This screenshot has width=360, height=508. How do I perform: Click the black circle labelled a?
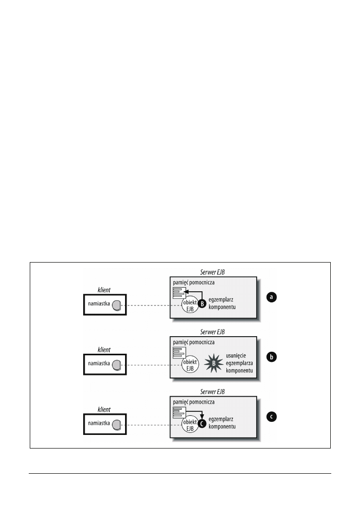click(x=271, y=297)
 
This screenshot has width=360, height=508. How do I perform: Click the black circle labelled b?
click(x=271, y=357)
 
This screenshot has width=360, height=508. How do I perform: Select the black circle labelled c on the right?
click(x=271, y=417)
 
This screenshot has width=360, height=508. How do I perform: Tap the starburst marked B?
click(x=213, y=362)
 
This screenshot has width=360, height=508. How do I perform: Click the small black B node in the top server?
click(x=202, y=303)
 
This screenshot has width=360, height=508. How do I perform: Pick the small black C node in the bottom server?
click(x=202, y=424)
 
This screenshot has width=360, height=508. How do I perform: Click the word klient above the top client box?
click(x=104, y=290)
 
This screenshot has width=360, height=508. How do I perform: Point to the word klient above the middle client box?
click(x=104, y=349)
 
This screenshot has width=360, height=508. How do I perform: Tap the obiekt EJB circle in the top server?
click(x=190, y=305)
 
